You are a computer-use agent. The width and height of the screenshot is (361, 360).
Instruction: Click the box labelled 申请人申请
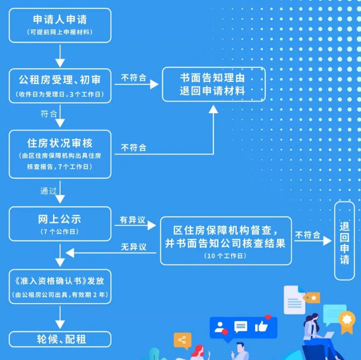click(x=60, y=25)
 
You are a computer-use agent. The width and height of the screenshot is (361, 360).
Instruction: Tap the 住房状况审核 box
click(x=60, y=154)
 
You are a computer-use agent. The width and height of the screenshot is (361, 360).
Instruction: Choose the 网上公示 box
click(x=60, y=223)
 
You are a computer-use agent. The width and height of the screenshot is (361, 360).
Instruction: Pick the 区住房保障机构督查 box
click(x=225, y=240)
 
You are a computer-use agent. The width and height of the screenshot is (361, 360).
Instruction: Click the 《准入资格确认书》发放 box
click(x=60, y=286)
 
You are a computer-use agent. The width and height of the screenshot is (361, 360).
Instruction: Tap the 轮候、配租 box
click(x=60, y=339)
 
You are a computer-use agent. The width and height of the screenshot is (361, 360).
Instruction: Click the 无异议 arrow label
click(x=133, y=246)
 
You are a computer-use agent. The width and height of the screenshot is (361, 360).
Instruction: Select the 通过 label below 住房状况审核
click(x=48, y=190)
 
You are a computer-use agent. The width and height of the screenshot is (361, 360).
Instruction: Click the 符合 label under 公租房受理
click(x=49, y=113)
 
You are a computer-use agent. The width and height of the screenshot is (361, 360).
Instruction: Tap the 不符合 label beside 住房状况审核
click(x=134, y=148)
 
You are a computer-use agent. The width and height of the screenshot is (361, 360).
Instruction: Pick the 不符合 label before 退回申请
click(x=308, y=235)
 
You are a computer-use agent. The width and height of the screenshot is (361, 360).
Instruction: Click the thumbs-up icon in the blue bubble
click(x=261, y=327)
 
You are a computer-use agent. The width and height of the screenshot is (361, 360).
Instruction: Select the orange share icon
click(x=182, y=340)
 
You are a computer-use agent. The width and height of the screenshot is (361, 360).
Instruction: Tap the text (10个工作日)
click(x=225, y=256)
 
